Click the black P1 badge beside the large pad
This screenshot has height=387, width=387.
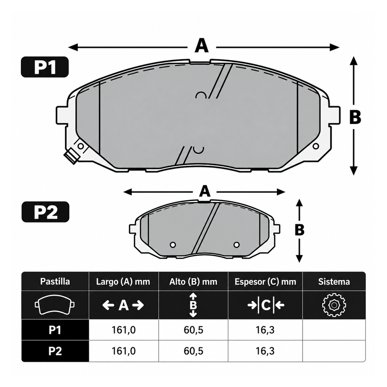(x=45, y=67)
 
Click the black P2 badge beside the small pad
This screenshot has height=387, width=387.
(x=45, y=212)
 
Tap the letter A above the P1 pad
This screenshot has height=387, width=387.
(x=202, y=45)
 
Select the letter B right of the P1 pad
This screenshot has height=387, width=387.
(x=355, y=117)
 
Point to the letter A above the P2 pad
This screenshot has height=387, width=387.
(x=205, y=191)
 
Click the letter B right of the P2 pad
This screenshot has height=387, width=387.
(x=300, y=229)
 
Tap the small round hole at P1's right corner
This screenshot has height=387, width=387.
(x=316, y=146)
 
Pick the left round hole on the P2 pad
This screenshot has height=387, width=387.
(x=173, y=245)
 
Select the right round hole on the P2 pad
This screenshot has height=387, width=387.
(x=236, y=245)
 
